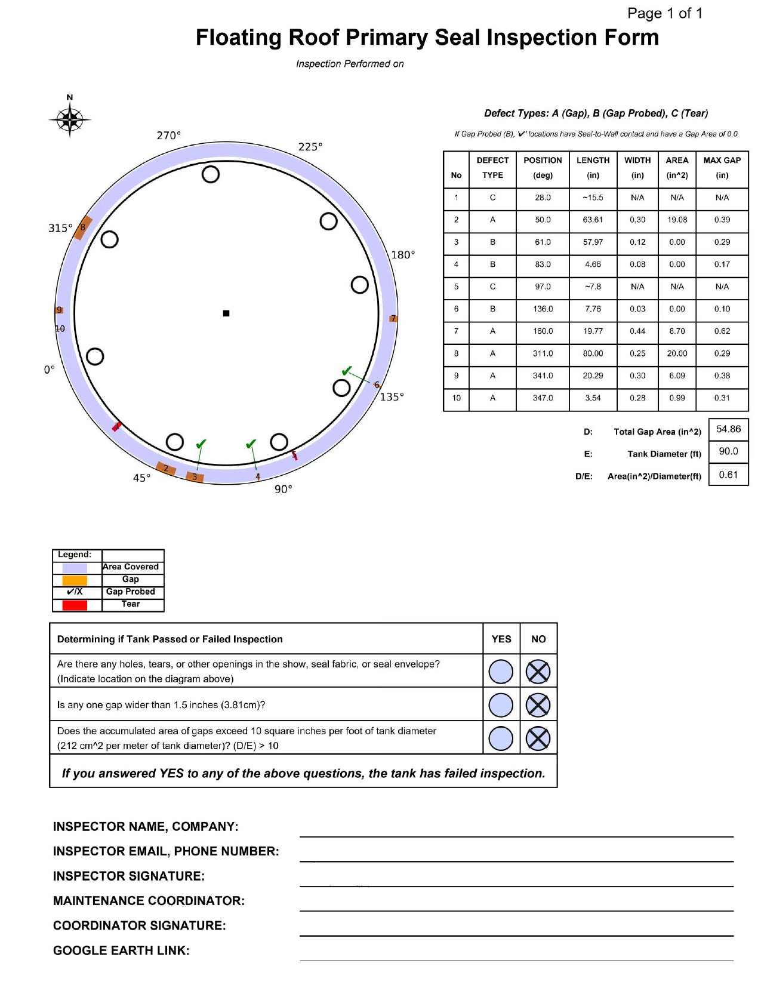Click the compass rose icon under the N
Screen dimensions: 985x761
pos(70,120)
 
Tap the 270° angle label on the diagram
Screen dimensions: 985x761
pos(168,136)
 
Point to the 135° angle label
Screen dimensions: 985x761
pos(392,397)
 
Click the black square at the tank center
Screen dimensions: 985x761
pos(226,313)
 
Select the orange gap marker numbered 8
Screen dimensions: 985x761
pos(83,227)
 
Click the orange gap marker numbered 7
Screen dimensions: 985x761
pos(393,318)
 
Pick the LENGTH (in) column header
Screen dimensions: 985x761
pos(593,168)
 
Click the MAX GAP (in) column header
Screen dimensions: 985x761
pos(722,168)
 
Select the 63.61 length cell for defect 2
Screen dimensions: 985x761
pos(593,220)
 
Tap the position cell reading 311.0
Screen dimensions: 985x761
pos(543,353)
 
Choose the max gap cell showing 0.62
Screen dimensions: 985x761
pos(722,331)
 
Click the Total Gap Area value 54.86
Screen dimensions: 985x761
pos(728,429)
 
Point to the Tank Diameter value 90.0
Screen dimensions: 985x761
pos(728,451)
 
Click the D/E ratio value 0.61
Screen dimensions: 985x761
pos(728,475)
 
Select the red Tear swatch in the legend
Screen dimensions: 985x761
pos(75,605)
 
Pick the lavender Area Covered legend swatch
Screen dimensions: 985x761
pos(75,568)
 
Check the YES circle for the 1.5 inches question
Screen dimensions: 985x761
pos(501,705)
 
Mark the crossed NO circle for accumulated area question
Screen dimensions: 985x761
pos(538,738)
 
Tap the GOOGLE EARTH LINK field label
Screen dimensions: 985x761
pos(121,950)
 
